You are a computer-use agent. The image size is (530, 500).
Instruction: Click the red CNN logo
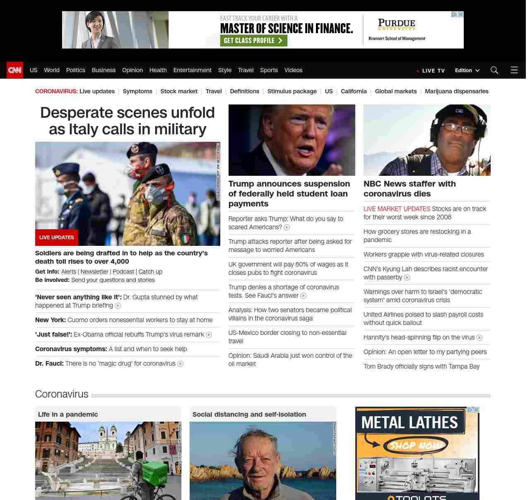click(15, 70)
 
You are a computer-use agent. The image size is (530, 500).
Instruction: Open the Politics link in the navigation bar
click(75, 70)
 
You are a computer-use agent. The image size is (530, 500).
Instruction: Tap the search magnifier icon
click(494, 70)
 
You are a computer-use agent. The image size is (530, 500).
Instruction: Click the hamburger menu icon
click(514, 70)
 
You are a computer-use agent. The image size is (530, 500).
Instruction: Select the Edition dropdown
click(467, 70)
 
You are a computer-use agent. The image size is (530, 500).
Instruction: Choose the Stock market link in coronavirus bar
click(179, 91)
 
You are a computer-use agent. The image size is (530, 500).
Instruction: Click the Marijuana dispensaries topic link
click(456, 91)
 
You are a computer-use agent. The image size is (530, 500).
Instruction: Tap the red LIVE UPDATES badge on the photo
click(57, 238)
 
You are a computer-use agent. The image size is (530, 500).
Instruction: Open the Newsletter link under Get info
click(94, 272)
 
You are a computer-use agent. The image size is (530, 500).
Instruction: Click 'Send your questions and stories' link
click(113, 280)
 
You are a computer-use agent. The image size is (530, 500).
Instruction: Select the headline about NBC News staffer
click(409, 189)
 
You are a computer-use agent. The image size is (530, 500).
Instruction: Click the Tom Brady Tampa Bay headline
click(422, 367)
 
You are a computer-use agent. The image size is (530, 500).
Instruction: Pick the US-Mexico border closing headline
click(287, 337)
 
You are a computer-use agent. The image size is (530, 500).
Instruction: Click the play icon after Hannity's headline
click(479, 338)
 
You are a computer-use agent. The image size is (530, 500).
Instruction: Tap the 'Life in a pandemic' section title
click(68, 414)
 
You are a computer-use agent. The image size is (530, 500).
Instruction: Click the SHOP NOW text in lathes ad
click(416, 446)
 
